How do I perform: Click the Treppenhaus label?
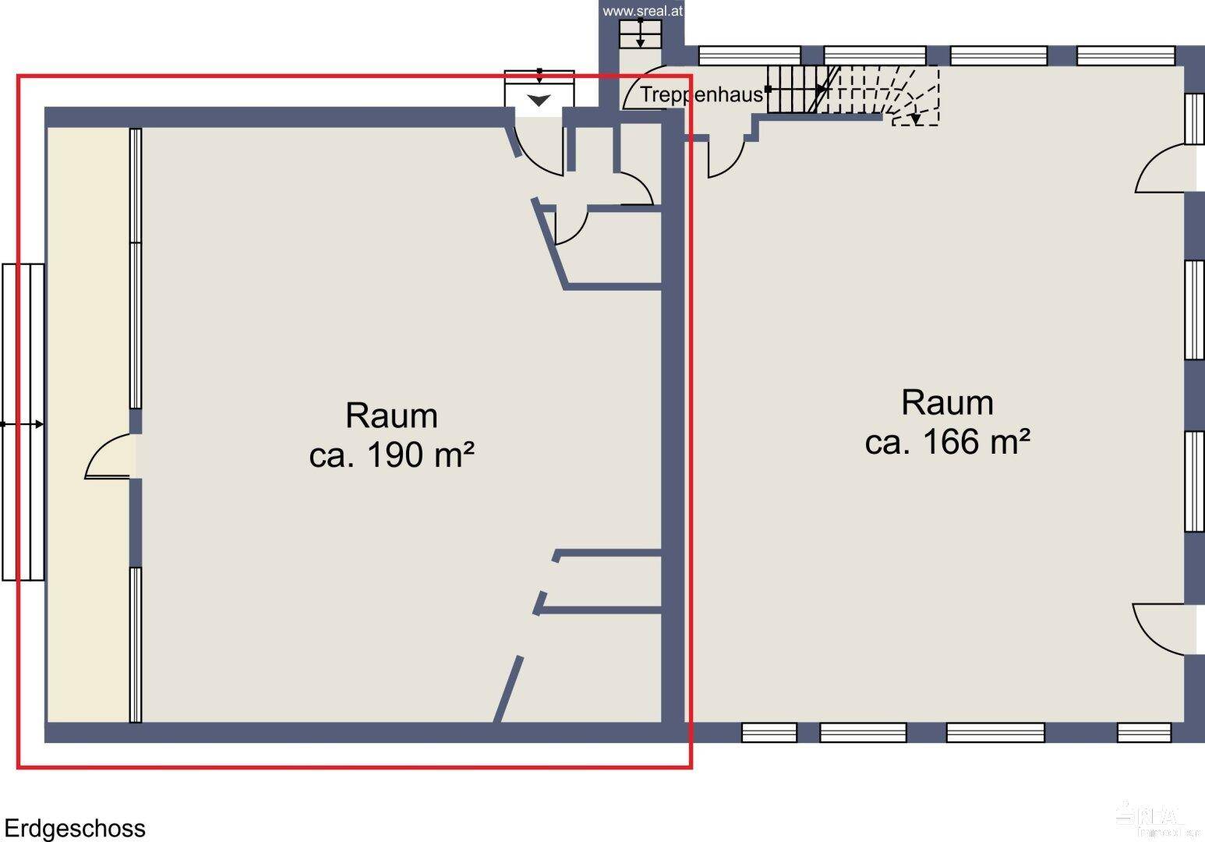(x=701, y=95)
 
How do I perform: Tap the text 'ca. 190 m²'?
(x=391, y=455)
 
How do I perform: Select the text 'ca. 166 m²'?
(x=947, y=442)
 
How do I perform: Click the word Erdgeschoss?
(x=75, y=828)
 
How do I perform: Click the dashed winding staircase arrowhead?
(x=915, y=119)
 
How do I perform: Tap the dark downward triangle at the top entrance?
(x=539, y=101)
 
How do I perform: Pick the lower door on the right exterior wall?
(x=1164, y=628)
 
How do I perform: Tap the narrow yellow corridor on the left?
(x=87, y=312)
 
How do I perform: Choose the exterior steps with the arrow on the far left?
(x=23, y=423)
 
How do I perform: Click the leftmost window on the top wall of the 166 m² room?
(x=749, y=55)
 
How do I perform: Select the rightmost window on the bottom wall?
(x=1143, y=733)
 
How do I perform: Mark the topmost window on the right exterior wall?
(x=1194, y=119)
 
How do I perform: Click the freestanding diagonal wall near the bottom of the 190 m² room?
(x=508, y=689)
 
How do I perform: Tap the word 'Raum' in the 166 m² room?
(x=947, y=403)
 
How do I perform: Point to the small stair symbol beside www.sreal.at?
(x=640, y=34)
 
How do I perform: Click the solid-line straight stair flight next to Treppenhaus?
(x=794, y=89)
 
